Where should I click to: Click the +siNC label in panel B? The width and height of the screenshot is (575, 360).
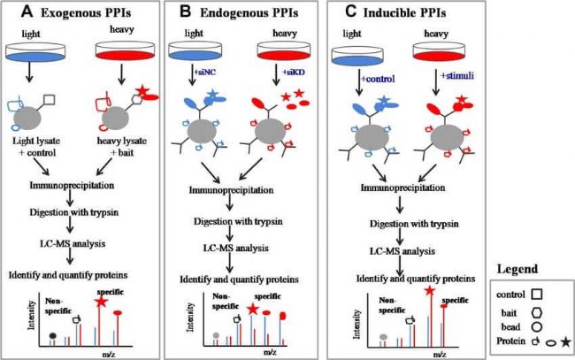click(x=204, y=73)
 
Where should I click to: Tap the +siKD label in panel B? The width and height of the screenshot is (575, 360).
click(x=294, y=73)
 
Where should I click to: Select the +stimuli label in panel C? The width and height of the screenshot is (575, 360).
click(x=457, y=76)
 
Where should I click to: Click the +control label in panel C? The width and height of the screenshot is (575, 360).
click(x=378, y=79)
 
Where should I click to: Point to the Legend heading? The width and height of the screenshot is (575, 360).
click(x=517, y=269)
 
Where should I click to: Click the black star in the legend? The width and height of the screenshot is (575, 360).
click(x=566, y=342)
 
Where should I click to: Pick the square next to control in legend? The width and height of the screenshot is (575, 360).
click(x=537, y=295)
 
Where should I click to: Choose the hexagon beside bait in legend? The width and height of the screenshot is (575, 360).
click(x=537, y=313)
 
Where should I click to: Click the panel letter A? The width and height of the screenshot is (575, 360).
click(x=27, y=11)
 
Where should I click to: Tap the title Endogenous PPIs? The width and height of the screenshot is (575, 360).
click(x=249, y=13)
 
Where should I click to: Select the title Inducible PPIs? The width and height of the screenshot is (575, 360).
click(x=404, y=13)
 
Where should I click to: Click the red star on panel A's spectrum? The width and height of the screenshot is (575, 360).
click(x=101, y=303)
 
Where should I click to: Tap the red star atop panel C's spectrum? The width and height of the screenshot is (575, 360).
click(x=430, y=291)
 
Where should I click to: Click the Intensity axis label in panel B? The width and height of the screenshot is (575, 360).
click(x=190, y=318)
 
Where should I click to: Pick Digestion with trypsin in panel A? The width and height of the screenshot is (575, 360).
click(x=74, y=212)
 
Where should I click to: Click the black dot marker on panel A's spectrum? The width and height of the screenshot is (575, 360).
click(x=53, y=335)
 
